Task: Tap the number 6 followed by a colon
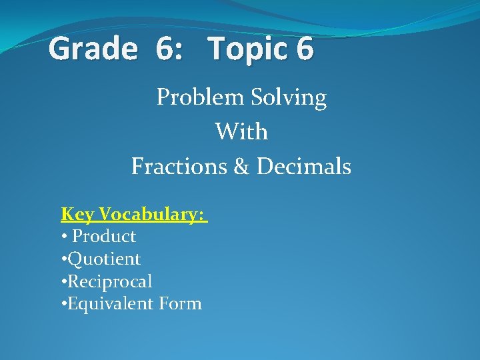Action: (x=167, y=49)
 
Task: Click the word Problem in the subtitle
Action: (x=198, y=98)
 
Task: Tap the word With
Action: (x=241, y=131)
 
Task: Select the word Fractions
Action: (x=179, y=165)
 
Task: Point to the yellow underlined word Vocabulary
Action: (x=151, y=214)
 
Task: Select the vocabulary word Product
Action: (x=104, y=236)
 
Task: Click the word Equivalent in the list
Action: (x=111, y=304)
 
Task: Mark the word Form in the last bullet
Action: (x=180, y=303)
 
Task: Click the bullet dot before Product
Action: (x=64, y=237)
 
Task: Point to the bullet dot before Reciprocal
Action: (x=64, y=281)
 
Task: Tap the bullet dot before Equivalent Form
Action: (x=64, y=304)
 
